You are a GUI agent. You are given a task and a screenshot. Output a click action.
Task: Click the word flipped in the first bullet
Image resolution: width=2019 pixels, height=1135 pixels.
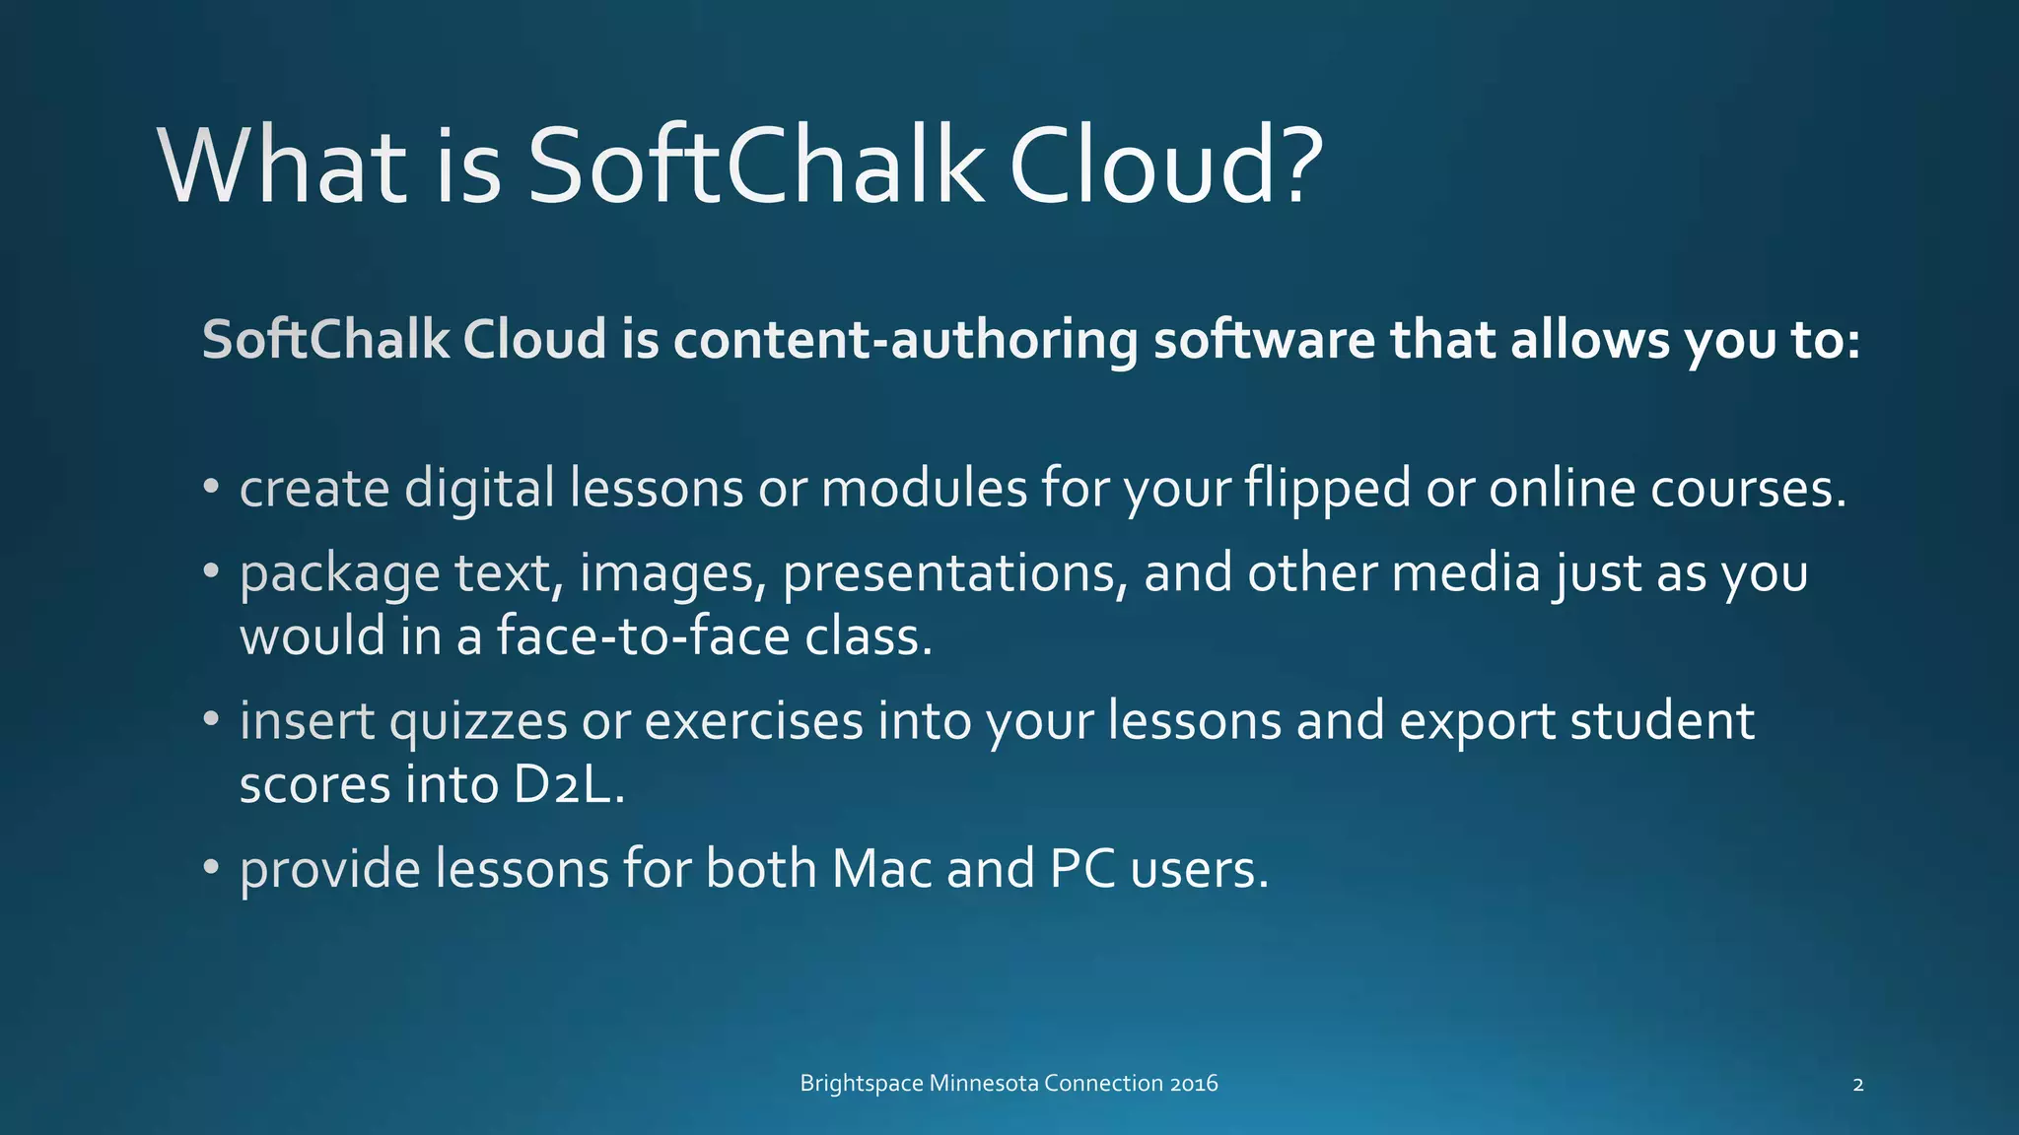click(x=1327, y=490)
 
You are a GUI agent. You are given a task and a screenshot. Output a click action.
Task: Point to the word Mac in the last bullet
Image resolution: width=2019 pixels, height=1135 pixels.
click(x=881, y=869)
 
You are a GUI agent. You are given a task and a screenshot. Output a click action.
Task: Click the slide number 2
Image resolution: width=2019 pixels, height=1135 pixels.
click(x=1858, y=1085)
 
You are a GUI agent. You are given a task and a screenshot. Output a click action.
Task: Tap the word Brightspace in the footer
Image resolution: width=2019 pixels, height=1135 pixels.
click(x=862, y=1084)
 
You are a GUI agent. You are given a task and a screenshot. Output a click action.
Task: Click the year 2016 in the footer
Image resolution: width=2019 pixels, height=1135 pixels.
click(x=1194, y=1084)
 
